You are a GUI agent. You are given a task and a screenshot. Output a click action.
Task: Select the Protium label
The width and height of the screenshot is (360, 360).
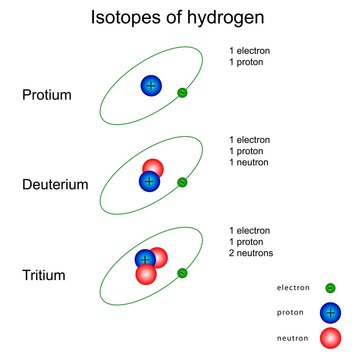click(46, 96)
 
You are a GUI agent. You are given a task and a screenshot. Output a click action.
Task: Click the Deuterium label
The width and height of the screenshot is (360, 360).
click(55, 185)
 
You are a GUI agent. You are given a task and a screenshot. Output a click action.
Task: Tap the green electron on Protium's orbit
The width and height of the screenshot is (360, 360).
click(182, 93)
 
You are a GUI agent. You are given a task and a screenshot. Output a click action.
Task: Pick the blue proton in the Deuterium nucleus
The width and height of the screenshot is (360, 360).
click(150, 181)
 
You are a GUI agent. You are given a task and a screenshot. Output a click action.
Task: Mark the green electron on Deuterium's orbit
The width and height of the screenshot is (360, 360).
click(182, 183)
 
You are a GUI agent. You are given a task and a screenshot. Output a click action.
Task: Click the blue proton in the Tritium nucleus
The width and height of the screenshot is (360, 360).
click(145, 260)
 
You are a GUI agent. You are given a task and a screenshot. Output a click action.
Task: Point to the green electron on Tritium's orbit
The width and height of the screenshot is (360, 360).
click(181, 271)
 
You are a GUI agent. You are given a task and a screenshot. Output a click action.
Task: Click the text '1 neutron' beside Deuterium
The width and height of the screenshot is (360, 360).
click(250, 163)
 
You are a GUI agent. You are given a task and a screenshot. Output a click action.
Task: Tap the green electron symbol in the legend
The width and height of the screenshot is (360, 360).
click(330, 288)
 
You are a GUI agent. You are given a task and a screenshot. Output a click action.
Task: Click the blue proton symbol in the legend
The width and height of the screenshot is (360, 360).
click(329, 313)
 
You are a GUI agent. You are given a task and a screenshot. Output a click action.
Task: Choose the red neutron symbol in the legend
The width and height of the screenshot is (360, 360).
click(329, 338)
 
